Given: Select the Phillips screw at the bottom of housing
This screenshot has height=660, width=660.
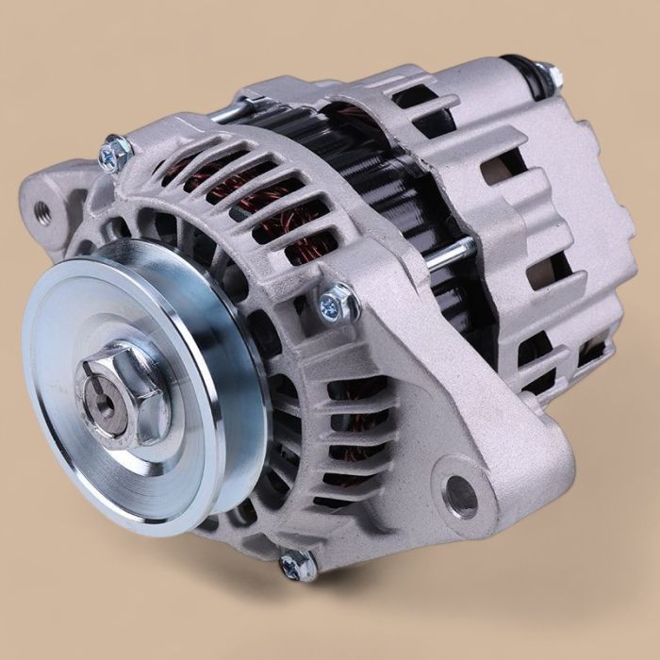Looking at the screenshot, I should pyautogui.click(x=298, y=563).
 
